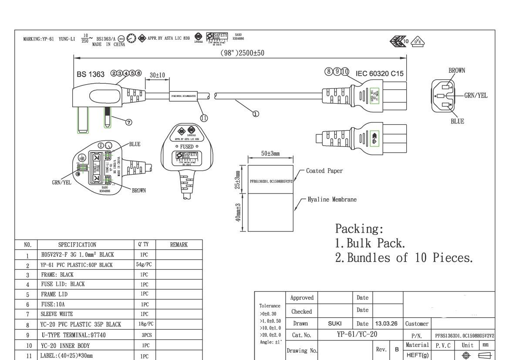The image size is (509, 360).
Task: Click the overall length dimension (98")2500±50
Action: point(242,53)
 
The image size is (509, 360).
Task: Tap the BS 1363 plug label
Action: point(91,74)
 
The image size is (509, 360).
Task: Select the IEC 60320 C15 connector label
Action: point(379,74)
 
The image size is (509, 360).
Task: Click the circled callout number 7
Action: point(129,122)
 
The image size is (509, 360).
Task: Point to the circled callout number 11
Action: point(204,118)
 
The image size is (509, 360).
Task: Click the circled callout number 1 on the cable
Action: point(256,113)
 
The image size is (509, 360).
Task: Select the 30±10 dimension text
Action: point(157,75)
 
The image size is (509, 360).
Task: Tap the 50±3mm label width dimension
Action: point(270,153)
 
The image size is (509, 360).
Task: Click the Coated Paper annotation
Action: point(324,171)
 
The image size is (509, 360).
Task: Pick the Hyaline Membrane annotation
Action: point(332,200)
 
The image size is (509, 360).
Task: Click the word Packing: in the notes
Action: point(359,229)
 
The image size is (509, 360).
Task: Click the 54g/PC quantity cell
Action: point(144,265)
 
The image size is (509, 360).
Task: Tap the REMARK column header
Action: point(179,245)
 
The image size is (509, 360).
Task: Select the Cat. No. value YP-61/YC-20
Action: point(357,334)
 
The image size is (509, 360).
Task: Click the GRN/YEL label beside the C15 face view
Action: point(475,95)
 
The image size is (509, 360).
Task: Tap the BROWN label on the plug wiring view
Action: point(139,190)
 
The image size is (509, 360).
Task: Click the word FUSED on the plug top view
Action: point(187,147)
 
